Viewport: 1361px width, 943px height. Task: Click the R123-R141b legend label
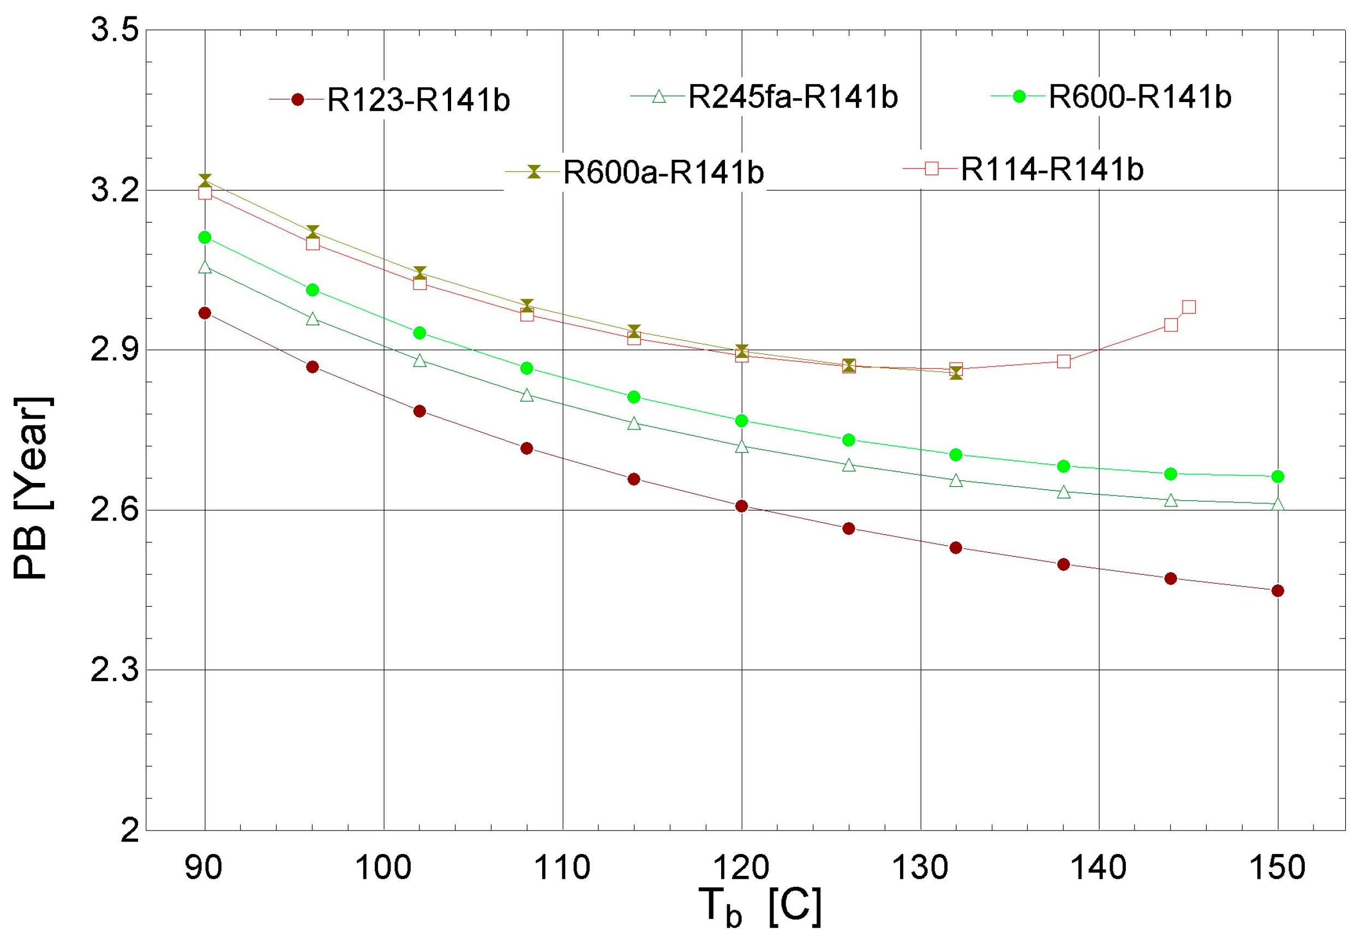tap(418, 100)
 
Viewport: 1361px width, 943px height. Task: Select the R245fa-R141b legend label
tap(793, 97)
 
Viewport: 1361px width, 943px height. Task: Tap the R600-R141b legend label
tap(1140, 97)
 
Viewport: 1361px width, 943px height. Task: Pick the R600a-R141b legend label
tap(663, 172)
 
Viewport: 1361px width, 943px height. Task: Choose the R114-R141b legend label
tap(1052, 170)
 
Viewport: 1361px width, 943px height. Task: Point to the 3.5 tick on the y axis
tap(114, 30)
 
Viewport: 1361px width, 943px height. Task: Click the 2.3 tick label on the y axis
tap(114, 671)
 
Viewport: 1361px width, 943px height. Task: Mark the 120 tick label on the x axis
tap(741, 868)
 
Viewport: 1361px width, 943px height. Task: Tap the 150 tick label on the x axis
tap(1277, 868)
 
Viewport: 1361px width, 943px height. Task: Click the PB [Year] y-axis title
tap(33, 488)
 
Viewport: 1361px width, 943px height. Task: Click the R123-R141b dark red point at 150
tap(1278, 591)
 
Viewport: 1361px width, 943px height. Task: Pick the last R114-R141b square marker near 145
tap(1189, 307)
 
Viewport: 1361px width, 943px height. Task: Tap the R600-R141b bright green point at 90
tap(205, 237)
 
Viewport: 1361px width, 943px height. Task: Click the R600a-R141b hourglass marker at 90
tap(205, 180)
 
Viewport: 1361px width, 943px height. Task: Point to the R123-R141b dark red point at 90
tap(205, 313)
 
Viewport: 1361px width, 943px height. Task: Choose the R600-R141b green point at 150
tap(1278, 476)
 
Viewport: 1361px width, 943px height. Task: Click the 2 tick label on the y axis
tap(129, 831)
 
